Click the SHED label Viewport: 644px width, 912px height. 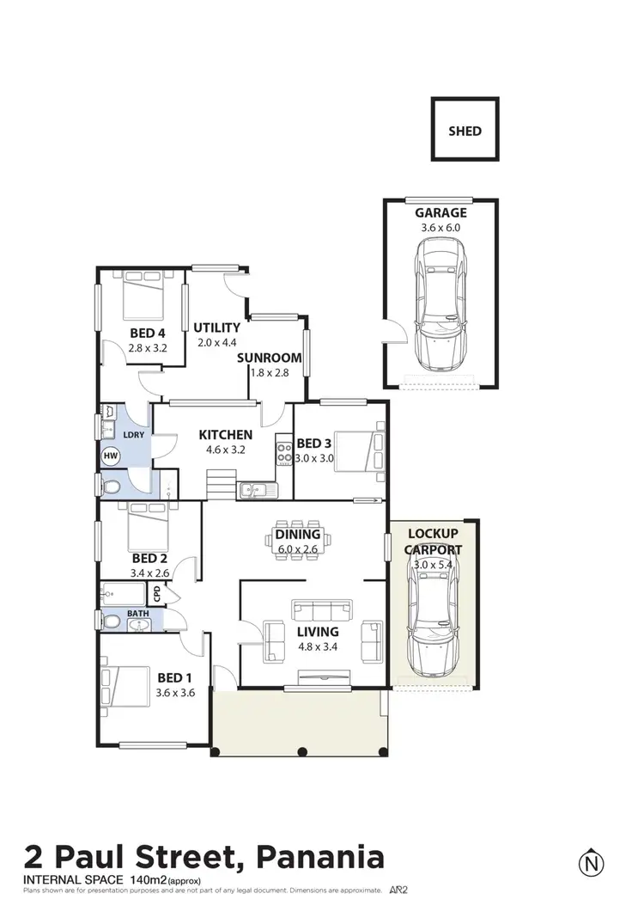465,132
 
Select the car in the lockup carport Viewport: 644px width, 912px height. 433,621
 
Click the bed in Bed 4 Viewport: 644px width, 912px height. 143,297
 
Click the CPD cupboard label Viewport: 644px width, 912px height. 156,593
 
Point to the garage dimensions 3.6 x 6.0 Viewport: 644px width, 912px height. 441,229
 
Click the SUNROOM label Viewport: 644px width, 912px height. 270,358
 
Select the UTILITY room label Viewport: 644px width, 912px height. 216,327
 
